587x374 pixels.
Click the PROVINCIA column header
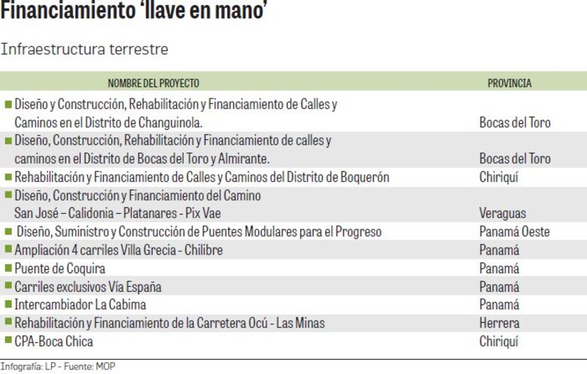point(509,83)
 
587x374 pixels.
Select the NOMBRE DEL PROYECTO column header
point(154,83)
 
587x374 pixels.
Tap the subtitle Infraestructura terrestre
point(84,49)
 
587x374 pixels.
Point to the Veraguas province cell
point(503,214)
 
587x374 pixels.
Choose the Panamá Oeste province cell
point(515,232)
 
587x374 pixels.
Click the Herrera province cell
point(499,323)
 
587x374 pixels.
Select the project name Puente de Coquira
point(59,269)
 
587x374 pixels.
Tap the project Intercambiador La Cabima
point(80,305)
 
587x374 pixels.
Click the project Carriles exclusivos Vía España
point(87,287)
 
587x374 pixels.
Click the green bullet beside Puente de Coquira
point(8,268)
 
